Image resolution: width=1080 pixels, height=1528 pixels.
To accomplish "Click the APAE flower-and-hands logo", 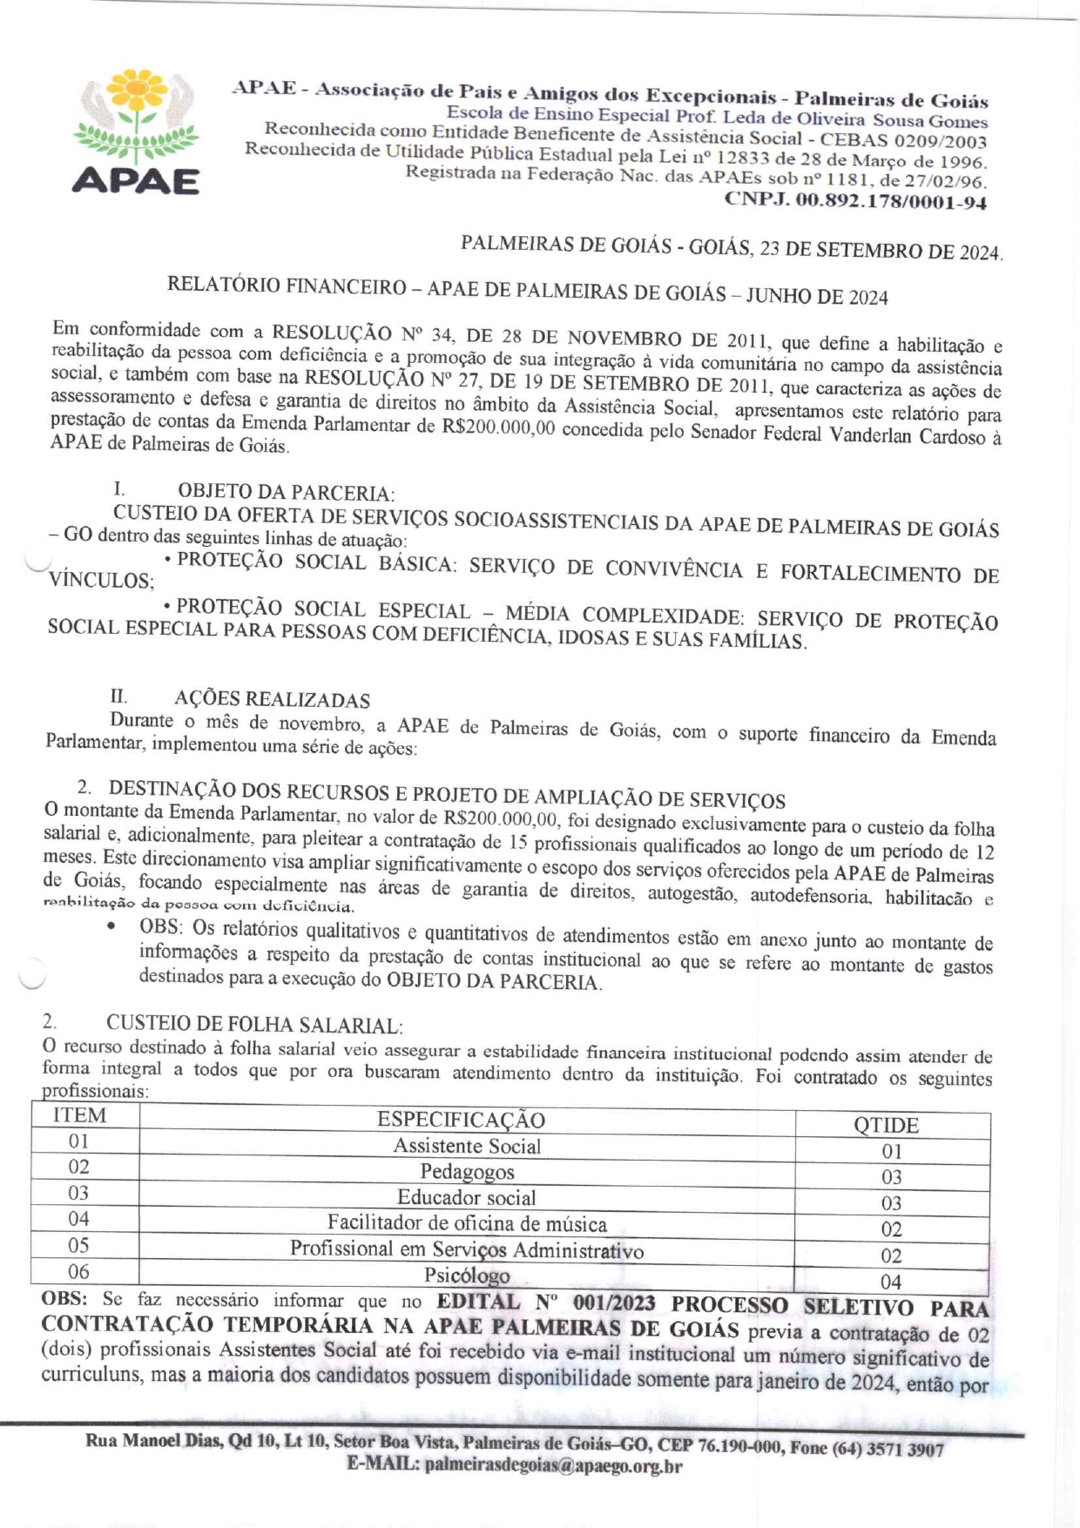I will [x=136, y=131].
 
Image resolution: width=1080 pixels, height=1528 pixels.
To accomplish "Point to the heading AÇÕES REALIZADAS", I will [x=272, y=700].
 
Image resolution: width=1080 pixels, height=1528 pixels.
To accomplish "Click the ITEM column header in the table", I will [x=80, y=1116].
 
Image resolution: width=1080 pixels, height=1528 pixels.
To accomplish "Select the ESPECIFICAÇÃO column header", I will [x=461, y=1120].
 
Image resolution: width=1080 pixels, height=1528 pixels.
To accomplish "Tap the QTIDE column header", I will [x=886, y=1125].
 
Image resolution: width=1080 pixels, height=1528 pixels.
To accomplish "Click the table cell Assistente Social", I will [x=467, y=1146].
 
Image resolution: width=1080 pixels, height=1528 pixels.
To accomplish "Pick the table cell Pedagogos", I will [x=467, y=1172].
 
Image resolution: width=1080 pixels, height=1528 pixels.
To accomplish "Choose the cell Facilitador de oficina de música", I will [x=467, y=1224].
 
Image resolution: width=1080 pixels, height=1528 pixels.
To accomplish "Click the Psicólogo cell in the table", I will [x=467, y=1276].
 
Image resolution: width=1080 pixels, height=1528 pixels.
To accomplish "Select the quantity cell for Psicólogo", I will [x=890, y=1282].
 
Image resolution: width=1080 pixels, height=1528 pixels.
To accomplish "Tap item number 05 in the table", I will [x=79, y=1246].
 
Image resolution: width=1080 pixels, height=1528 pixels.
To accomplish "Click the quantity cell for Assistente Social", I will [x=891, y=1152].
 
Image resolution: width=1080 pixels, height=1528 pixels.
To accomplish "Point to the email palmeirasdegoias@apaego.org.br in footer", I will [x=553, y=1465].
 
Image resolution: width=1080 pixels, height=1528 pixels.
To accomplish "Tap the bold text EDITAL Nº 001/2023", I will [x=545, y=1303].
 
